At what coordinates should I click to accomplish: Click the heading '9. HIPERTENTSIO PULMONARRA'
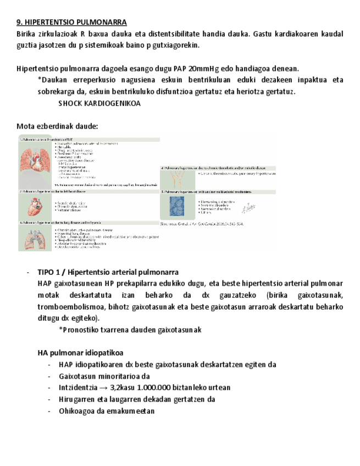click(71, 22)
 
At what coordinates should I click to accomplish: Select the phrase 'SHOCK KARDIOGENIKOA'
click(99, 103)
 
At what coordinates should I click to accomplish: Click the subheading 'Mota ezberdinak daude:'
click(57, 126)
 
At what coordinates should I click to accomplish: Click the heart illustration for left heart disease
click(35, 206)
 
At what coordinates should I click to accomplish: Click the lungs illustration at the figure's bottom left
click(35, 237)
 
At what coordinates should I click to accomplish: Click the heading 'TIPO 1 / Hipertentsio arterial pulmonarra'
click(108, 273)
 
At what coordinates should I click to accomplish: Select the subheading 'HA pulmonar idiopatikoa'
click(80, 352)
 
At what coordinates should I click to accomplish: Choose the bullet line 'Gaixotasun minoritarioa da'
click(104, 376)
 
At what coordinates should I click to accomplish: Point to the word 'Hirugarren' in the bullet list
click(77, 399)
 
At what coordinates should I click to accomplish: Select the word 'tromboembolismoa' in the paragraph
click(67, 306)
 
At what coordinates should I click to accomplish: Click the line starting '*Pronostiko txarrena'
click(130, 330)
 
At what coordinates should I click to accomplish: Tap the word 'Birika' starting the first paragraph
click(27, 34)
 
